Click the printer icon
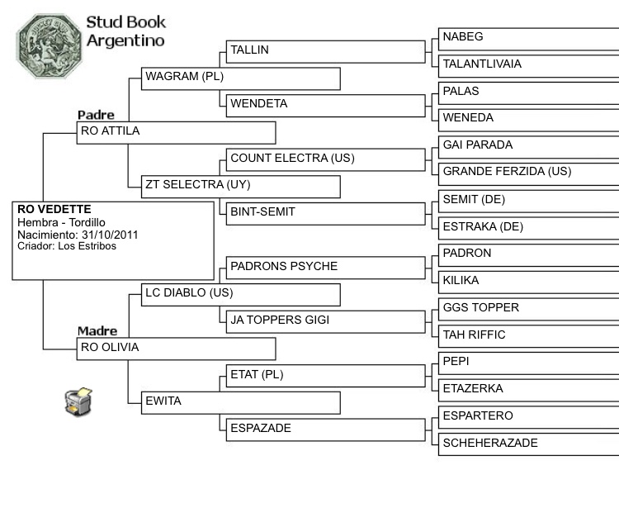(x=78, y=400)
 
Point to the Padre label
(x=96, y=115)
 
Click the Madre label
(x=97, y=331)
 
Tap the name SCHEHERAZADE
(x=490, y=443)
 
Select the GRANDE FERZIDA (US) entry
(x=507, y=172)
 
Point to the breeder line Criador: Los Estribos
(x=67, y=246)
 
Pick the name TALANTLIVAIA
(x=482, y=64)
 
